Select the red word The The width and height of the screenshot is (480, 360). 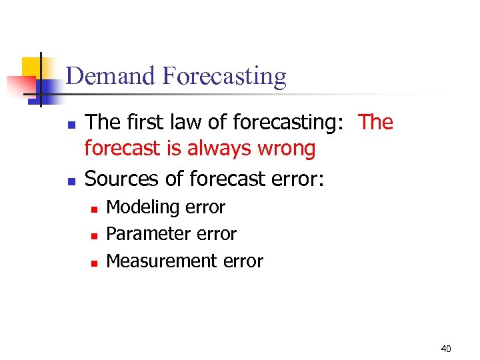click(x=376, y=122)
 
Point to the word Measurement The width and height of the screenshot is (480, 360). click(x=162, y=261)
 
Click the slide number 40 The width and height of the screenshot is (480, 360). click(x=446, y=349)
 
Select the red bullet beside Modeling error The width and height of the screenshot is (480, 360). click(x=95, y=209)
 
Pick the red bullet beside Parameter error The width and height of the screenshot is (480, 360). click(x=95, y=236)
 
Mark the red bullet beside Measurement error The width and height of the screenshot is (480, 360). click(x=95, y=263)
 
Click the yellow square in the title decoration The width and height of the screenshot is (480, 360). click(x=31, y=67)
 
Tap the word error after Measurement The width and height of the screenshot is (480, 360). click(x=243, y=261)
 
